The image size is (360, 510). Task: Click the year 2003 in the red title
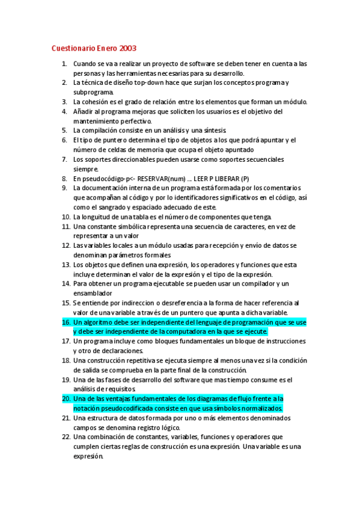pos(128,48)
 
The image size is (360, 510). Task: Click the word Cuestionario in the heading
pos(70,48)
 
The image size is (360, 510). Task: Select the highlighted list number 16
pos(66,322)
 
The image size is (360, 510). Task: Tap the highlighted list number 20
pos(66,399)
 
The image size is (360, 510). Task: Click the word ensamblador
pos(93,293)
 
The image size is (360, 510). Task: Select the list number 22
pos(66,437)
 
